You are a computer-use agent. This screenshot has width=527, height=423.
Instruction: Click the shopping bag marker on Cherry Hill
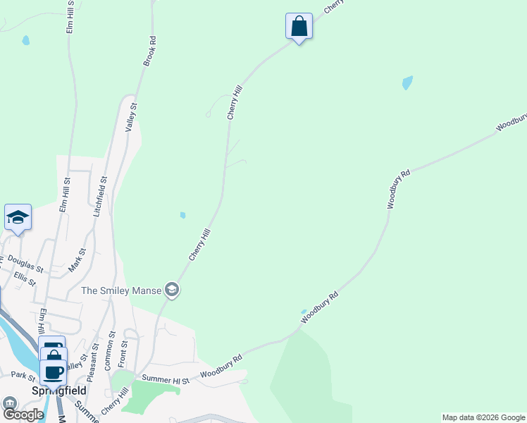click(x=299, y=27)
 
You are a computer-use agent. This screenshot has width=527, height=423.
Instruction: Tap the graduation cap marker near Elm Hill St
click(x=18, y=217)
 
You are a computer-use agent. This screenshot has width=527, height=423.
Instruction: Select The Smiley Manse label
click(x=121, y=290)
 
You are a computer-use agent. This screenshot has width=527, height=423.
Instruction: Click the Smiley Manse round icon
click(x=171, y=289)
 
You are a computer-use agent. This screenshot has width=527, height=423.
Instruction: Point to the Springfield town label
click(x=59, y=390)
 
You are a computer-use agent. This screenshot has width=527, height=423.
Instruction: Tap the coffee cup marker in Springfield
click(x=53, y=372)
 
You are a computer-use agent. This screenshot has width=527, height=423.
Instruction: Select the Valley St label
click(x=131, y=117)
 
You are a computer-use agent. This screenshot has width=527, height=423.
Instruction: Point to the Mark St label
click(x=77, y=260)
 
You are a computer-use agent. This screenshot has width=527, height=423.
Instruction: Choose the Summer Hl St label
click(x=166, y=380)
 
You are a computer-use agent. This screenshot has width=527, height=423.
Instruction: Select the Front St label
click(x=124, y=353)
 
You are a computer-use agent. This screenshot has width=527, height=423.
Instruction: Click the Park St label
click(x=23, y=376)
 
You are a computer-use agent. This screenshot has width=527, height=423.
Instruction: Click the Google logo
click(x=23, y=415)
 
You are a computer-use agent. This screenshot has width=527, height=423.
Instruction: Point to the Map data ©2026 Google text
click(x=483, y=417)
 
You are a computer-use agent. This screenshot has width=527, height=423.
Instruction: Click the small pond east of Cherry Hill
click(x=407, y=83)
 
